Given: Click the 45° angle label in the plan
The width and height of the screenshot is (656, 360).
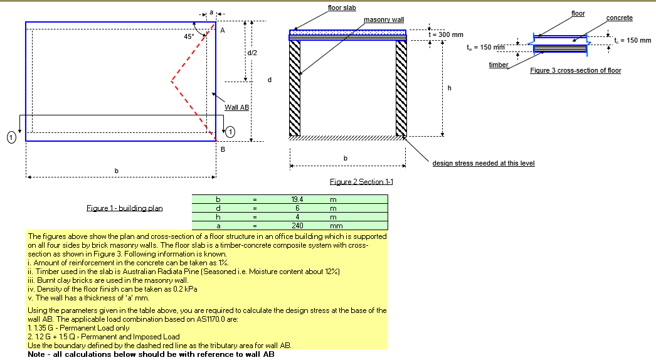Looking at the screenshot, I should tap(189, 36).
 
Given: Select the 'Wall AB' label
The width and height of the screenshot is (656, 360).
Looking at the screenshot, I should tap(236, 107).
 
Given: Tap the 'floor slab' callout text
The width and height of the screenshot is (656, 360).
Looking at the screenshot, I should tap(342, 8).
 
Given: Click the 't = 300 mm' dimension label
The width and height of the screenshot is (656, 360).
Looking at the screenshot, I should tap(445, 34).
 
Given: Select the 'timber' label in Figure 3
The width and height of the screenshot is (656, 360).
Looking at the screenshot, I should tap(499, 65).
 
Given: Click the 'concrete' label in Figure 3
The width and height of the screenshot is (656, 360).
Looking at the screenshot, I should tap(619, 18).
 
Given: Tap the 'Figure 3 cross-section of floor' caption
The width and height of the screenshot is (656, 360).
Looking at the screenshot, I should tap(575, 70).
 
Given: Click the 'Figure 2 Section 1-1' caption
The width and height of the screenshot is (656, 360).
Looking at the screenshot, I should tap(361, 181).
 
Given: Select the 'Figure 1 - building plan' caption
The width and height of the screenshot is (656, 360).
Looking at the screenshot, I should tap(124, 208).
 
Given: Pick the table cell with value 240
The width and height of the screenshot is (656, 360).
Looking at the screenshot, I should tap(298, 225).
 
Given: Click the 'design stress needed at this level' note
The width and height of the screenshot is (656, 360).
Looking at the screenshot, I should tap(483, 163).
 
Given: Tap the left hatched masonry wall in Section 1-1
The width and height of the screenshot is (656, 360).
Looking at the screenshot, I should tap(295, 88).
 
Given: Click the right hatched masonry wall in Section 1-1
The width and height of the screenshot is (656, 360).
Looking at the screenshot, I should tap(401, 88).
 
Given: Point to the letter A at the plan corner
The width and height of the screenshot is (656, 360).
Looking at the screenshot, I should tap(223, 30).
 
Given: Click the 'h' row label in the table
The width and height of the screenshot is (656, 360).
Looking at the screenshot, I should tap(218, 216).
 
